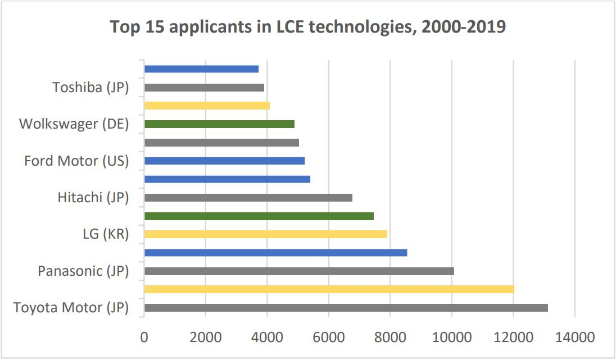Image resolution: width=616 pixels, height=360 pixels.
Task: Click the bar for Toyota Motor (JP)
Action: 346,308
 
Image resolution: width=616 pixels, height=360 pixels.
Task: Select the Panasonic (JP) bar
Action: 299,271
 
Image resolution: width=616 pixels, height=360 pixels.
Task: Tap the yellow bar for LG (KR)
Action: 265,234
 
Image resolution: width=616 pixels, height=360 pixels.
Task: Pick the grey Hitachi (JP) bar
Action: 248,198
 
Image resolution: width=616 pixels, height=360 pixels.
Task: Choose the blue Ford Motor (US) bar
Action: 224,161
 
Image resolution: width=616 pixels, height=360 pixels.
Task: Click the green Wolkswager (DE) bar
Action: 219,124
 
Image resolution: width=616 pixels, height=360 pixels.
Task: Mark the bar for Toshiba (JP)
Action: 204,88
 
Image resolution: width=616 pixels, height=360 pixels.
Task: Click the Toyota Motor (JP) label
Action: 71,308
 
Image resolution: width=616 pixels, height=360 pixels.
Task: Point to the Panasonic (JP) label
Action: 83,271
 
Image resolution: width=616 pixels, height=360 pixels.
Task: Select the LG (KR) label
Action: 106,234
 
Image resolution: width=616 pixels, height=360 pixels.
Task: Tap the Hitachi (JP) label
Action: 93,198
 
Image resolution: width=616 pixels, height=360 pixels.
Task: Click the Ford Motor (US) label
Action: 76,161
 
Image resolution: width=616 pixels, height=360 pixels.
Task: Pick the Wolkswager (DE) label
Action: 74,124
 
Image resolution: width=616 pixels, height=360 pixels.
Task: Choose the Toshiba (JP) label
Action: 90,88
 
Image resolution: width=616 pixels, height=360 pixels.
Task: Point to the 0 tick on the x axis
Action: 144,337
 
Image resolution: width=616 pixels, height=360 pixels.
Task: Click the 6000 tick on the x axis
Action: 329,337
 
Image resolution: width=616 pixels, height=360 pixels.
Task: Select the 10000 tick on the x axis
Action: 452,337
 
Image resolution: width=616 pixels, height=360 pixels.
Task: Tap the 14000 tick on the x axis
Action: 574,337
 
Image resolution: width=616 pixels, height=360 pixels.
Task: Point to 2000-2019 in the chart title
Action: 462,27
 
